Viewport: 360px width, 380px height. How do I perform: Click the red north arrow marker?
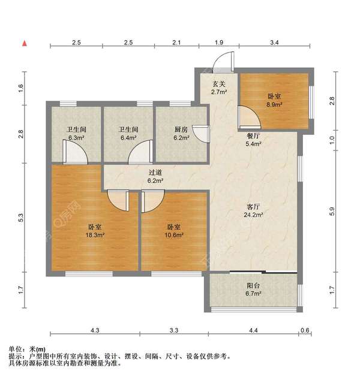(25, 43)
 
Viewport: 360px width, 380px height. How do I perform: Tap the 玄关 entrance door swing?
(223, 62)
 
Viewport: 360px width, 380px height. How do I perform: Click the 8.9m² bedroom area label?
(274, 104)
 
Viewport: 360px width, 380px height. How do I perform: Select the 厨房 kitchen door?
(201, 134)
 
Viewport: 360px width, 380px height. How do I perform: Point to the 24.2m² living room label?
(253, 215)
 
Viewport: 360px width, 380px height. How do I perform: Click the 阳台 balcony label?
(253, 286)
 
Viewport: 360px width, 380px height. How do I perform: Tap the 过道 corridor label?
(155, 173)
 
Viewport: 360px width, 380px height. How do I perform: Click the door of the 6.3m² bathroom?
(75, 152)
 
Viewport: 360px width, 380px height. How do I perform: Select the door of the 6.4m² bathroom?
(141, 152)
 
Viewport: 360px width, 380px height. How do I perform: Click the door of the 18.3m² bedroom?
(118, 200)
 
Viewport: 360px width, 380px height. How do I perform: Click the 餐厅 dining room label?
(253, 135)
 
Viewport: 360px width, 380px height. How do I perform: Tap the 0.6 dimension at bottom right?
(305, 330)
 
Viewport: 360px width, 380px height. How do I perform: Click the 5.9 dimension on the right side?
(332, 211)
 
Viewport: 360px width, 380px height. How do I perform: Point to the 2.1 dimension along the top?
(176, 43)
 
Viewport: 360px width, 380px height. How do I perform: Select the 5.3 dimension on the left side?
(21, 218)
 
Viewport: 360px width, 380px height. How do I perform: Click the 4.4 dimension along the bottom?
(253, 330)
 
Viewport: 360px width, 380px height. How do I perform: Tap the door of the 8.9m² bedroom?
(250, 117)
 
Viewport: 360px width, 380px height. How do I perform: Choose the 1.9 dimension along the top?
(219, 43)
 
